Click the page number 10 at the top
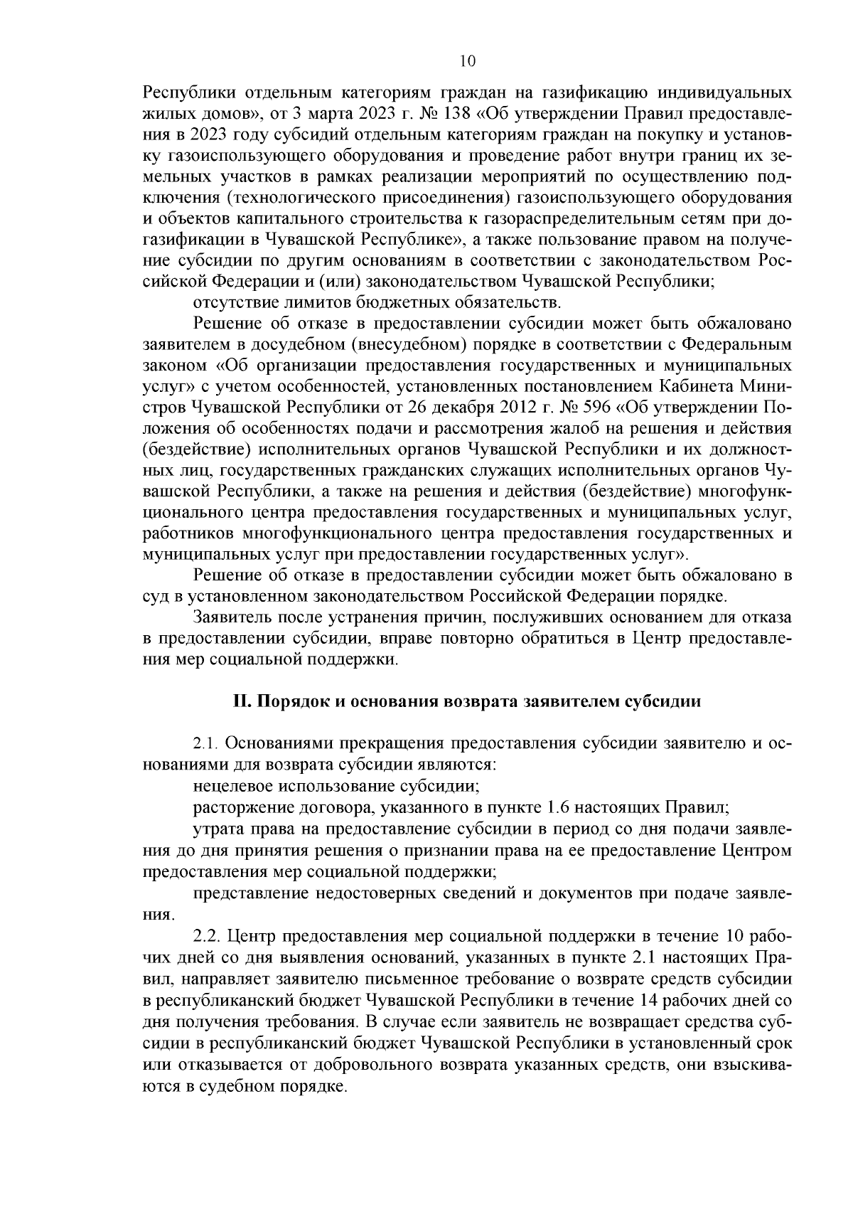coord(468,61)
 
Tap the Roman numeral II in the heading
coord(241,701)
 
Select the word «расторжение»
coord(238,807)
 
